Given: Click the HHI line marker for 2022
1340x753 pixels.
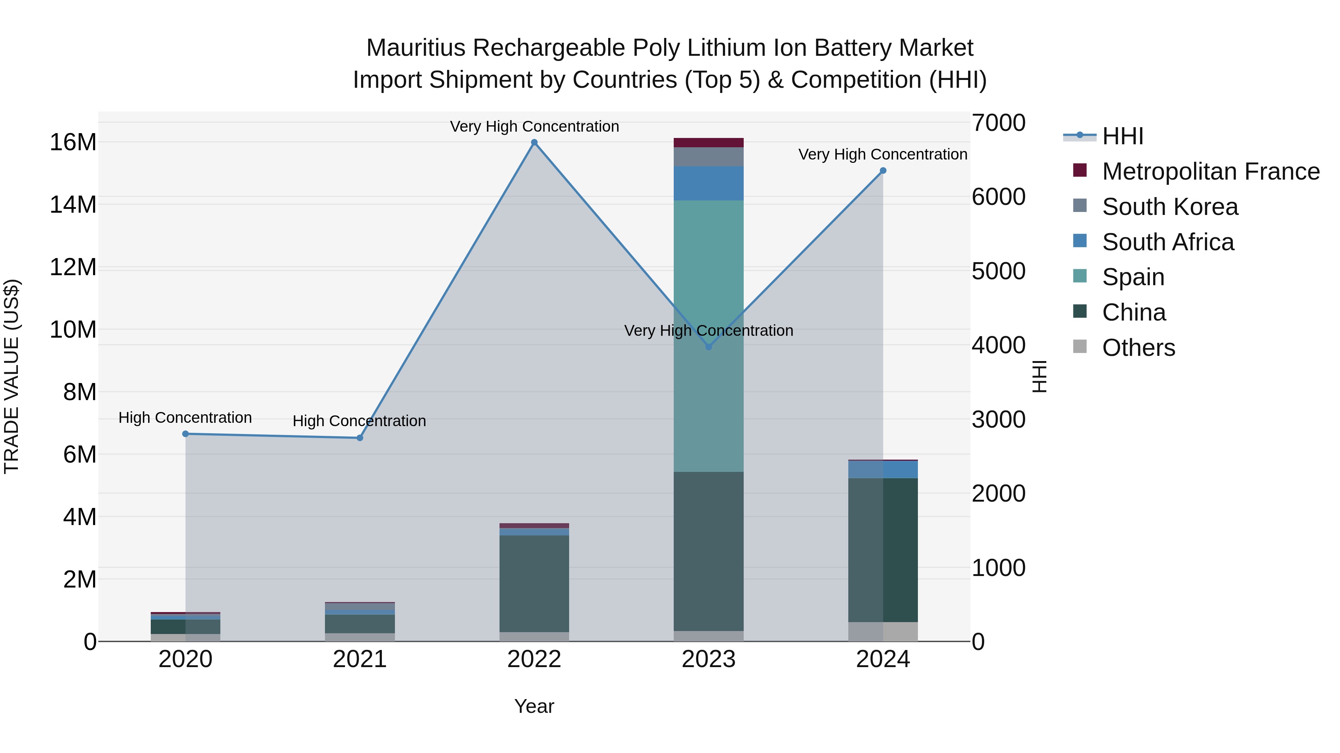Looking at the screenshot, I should coord(534,142).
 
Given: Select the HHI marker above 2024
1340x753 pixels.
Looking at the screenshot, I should coord(883,170).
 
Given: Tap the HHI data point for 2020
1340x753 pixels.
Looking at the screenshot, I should coord(185,434).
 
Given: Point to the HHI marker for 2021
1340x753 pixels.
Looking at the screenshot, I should coord(360,438).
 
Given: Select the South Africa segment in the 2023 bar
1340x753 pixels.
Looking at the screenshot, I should coord(708,183).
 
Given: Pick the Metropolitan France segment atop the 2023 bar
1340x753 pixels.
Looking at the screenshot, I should coord(708,142).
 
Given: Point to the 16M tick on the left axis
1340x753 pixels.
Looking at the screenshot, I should coord(73,142).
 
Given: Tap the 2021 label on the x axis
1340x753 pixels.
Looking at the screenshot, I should coord(360,659).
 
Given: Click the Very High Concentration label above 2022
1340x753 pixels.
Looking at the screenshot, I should coord(534,126).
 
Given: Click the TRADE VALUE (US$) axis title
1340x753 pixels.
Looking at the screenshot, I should coord(12,376).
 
